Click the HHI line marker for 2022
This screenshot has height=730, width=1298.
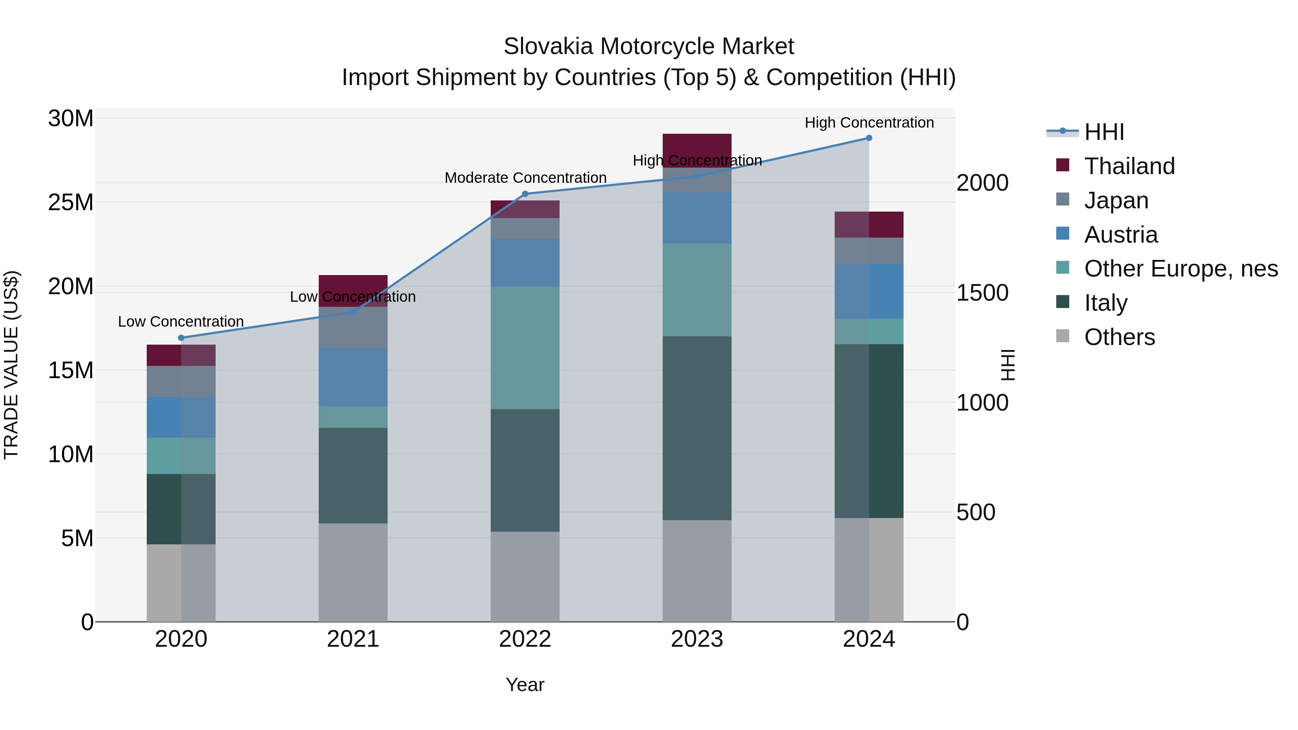(x=525, y=194)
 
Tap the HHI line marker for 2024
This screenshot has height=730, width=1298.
(x=869, y=138)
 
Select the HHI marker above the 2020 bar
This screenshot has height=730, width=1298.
(x=181, y=338)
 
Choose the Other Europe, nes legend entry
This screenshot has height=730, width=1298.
(x=1180, y=269)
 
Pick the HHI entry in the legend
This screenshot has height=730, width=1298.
(x=1104, y=132)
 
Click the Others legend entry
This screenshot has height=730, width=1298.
(x=1119, y=337)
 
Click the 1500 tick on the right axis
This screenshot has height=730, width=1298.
(x=982, y=293)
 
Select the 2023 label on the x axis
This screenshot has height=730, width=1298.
(x=697, y=639)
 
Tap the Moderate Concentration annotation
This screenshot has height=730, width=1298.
(x=525, y=178)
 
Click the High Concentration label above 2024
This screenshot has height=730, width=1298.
(x=869, y=123)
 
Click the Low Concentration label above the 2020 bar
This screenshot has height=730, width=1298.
(x=181, y=322)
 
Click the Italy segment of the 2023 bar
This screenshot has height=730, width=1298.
(x=697, y=428)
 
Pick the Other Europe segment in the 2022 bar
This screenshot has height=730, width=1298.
(x=525, y=348)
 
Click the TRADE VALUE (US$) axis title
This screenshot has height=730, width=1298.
(x=11, y=365)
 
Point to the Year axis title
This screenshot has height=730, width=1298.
(x=525, y=685)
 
